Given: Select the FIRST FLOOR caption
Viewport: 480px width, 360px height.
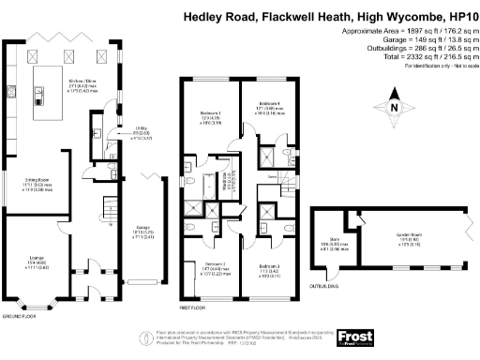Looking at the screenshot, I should (190, 307).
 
